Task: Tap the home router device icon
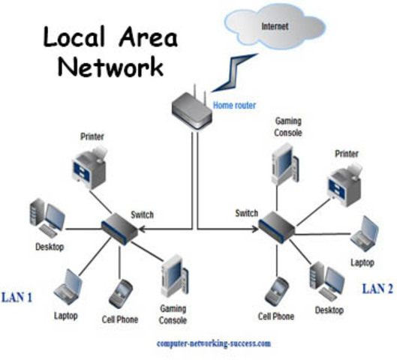tap(192, 109)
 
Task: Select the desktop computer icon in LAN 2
tap(327, 279)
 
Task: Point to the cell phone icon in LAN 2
tap(278, 289)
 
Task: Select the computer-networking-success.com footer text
tap(214, 343)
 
